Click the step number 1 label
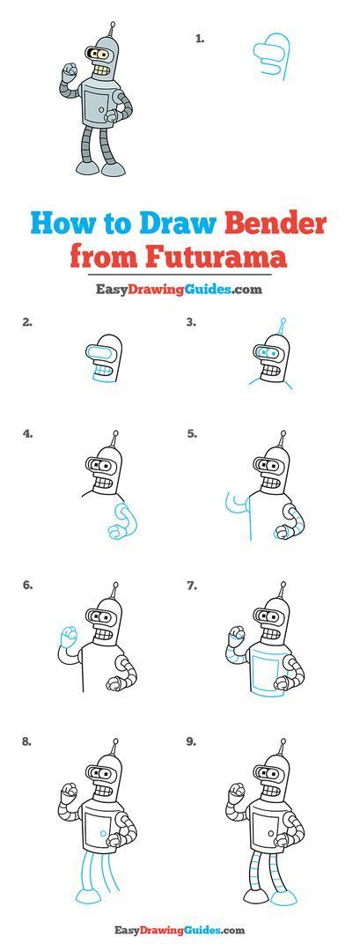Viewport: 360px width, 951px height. tap(200, 39)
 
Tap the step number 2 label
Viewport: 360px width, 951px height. tap(27, 322)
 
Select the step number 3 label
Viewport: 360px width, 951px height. tap(191, 322)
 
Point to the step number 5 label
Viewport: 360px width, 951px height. tap(191, 433)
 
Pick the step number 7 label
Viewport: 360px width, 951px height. tap(191, 584)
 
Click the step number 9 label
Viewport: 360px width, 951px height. tap(191, 741)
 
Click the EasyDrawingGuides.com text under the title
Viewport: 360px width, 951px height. tap(180, 290)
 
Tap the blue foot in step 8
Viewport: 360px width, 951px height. tap(90, 896)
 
